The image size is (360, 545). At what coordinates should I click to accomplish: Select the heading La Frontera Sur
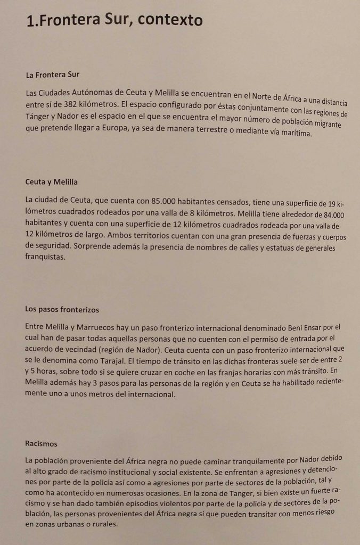point(52,75)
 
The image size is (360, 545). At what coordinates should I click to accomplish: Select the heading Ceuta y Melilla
point(52,182)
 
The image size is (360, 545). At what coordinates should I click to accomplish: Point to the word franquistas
point(45,256)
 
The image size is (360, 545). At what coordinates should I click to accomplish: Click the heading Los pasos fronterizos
point(62,309)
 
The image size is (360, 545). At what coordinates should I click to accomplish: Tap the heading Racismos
point(41,443)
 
